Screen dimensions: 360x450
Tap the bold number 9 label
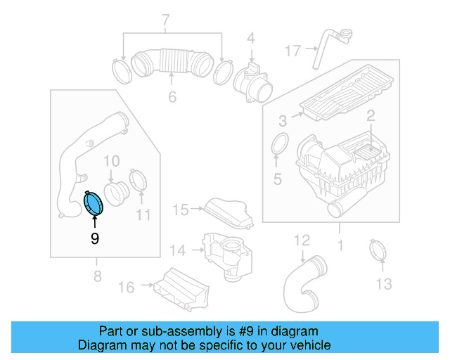pos(94,239)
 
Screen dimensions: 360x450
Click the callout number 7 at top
pos(167,20)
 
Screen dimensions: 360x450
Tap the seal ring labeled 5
pos(279,144)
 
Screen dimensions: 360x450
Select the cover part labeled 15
pos(227,212)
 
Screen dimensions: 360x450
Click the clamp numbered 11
pos(139,180)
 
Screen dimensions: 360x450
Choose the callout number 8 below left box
pos(96,277)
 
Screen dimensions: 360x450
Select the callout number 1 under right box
pos(340,246)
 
